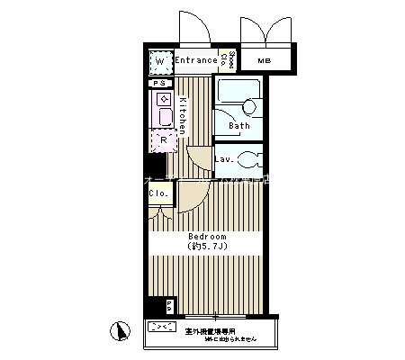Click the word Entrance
[196, 61]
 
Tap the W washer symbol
[162, 63]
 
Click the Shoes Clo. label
[231, 60]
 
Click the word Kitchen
[182, 114]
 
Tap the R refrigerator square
[164, 139]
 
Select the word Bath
[238, 126]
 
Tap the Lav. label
[225, 159]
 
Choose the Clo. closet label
[158, 193]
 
